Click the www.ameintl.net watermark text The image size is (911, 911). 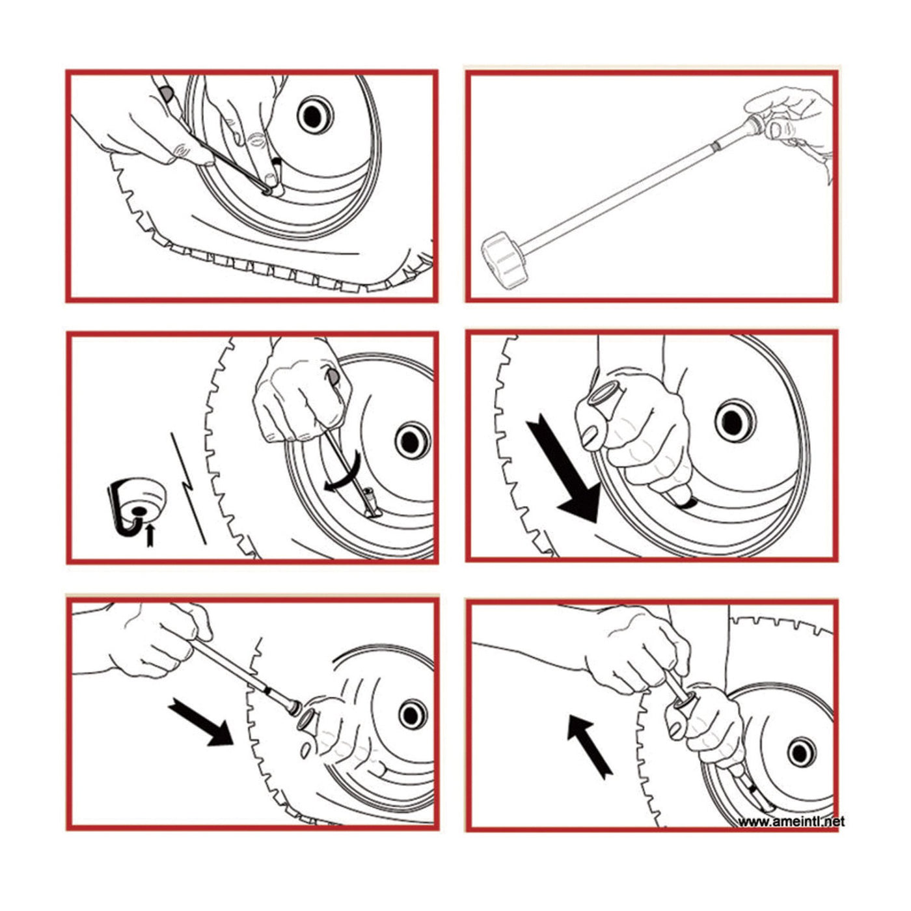pyautogui.click(x=791, y=821)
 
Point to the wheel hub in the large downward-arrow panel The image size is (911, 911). pyautogui.click(x=733, y=420)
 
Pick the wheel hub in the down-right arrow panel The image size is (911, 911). pyautogui.click(x=413, y=714)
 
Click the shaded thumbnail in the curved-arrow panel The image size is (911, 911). pyautogui.click(x=333, y=377)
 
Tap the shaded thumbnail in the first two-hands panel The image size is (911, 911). pyautogui.click(x=166, y=94)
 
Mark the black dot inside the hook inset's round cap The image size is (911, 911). pyautogui.click(x=139, y=511)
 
